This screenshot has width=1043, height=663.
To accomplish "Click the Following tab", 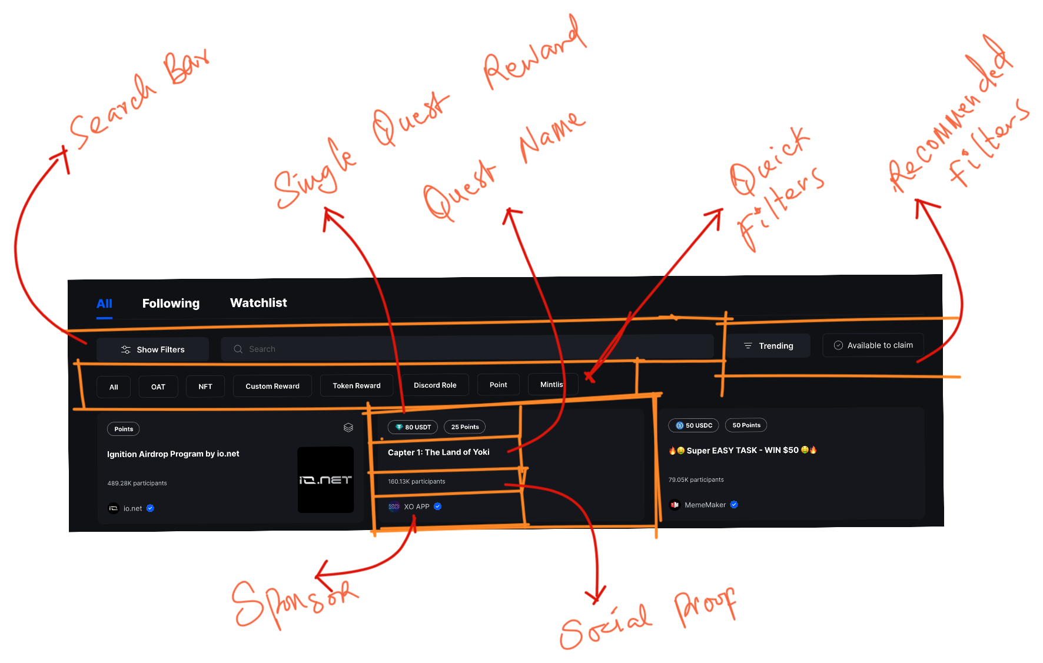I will (x=171, y=304).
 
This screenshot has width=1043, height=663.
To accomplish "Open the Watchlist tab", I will (x=258, y=303).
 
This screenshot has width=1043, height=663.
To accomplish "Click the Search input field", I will (x=465, y=349).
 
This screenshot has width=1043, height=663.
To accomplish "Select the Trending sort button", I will (x=768, y=346).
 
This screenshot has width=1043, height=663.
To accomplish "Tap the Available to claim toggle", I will (x=873, y=345).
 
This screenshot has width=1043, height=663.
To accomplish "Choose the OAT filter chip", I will (x=158, y=387).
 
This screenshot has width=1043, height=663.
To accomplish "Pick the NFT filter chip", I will (x=205, y=387).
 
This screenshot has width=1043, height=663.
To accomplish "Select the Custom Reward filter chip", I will (x=272, y=386).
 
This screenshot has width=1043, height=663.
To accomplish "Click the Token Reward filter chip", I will (x=356, y=385).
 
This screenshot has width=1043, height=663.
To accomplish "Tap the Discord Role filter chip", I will (x=435, y=385).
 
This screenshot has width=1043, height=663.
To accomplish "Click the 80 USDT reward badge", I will (x=413, y=427).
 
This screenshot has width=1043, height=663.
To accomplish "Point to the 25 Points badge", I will (x=464, y=427).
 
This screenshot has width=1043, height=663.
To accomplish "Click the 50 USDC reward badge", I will (x=693, y=425).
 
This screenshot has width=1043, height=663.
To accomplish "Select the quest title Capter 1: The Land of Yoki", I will (x=439, y=452).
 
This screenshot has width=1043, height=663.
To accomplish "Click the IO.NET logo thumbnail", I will (x=325, y=479).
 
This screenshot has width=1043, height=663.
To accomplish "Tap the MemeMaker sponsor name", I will (x=705, y=505).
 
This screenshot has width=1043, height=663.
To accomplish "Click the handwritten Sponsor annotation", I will (x=294, y=603).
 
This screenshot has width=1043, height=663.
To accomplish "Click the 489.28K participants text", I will (x=137, y=483).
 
